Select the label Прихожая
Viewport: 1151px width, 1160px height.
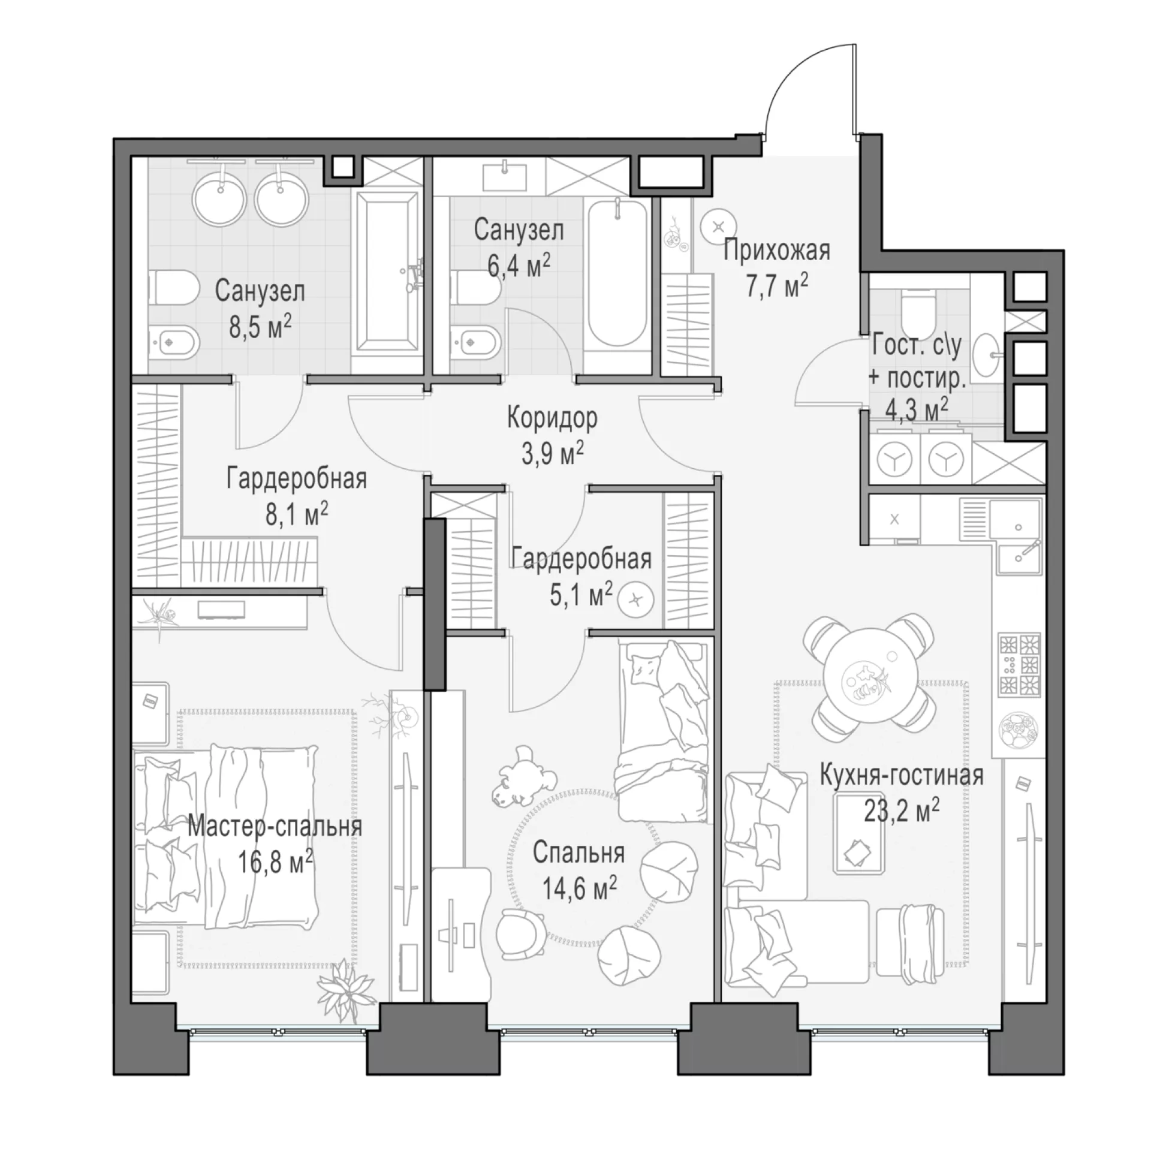coord(776,251)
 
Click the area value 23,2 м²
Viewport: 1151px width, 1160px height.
coord(901,811)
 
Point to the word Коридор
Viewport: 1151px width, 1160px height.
coord(552,418)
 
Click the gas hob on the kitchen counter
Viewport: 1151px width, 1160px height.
coord(1019,664)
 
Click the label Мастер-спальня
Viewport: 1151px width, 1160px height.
coord(275,827)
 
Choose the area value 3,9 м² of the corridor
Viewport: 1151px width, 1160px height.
coord(552,454)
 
